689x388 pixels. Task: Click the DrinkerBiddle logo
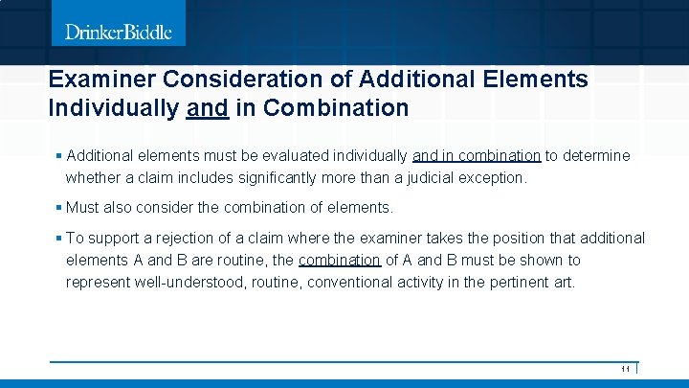coord(119,33)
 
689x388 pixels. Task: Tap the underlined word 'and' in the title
coord(207,108)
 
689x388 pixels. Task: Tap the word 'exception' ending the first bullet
coord(494,177)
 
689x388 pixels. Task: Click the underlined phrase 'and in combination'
coord(477,155)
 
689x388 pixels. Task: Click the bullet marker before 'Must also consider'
coord(58,207)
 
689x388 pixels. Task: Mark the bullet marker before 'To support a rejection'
coord(58,238)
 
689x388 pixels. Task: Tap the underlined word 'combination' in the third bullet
coord(339,260)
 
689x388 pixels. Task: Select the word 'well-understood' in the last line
coord(185,283)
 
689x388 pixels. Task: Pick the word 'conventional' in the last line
coord(335,283)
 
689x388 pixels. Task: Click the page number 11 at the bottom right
coord(625,369)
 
